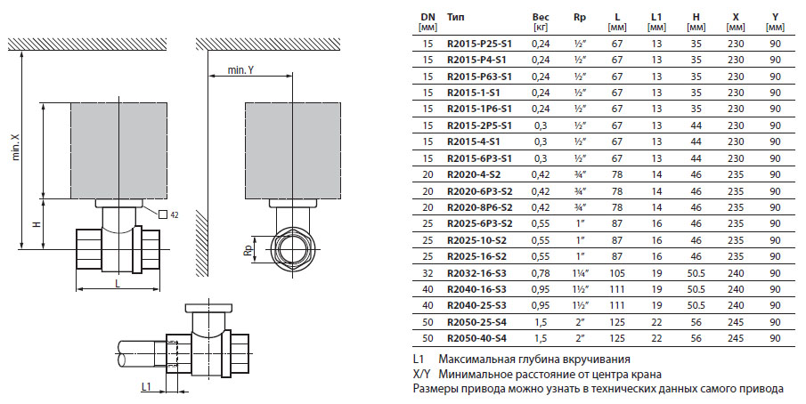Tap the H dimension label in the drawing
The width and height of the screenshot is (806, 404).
click(x=37, y=224)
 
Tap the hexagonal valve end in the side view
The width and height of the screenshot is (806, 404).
click(x=292, y=250)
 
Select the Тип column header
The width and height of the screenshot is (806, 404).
click(x=455, y=17)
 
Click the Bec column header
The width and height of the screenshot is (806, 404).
click(x=540, y=17)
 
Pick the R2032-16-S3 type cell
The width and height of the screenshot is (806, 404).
click(x=479, y=272)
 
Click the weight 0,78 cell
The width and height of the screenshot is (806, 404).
click(x=540, y=272)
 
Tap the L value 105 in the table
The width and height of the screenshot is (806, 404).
click(x=616, y=272)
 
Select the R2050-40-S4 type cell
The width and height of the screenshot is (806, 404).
click(x=479, y=337)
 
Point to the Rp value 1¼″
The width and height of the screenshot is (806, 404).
click(x=579, y=272)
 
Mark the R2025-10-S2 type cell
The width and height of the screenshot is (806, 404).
click(x=479, y=239)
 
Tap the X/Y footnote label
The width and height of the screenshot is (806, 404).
click(x=422, y=375)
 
